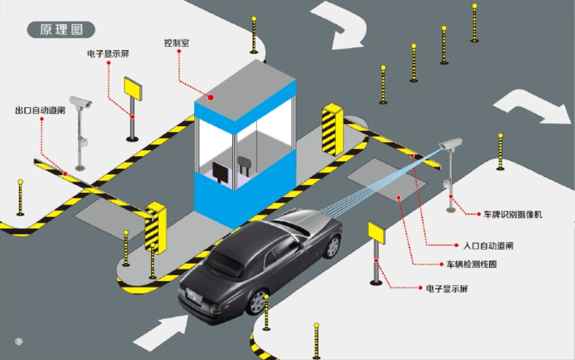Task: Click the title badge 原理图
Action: (x=61, y=30)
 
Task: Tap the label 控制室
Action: (x=177, y=43)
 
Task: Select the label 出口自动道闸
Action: (x=40, y=110)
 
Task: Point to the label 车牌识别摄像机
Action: (x=513, y=215)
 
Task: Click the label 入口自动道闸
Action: (x=488, y=246)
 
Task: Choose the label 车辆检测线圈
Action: (x=472, y=264)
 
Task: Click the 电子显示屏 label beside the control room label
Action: (x=108, y=54)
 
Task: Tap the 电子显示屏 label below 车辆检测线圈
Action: (x=447, y=288)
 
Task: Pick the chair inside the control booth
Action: (x=244, y=165)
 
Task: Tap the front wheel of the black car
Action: (x=332, y=246)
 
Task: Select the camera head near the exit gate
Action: (x=81, y=102)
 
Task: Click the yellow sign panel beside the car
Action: (x=376, y=233)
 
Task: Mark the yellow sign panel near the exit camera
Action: (x=133, y=88)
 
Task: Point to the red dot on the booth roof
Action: (x=210, y=98)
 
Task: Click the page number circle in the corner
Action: (x=19, y=341)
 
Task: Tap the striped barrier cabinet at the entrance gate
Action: (x=332, y=130)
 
